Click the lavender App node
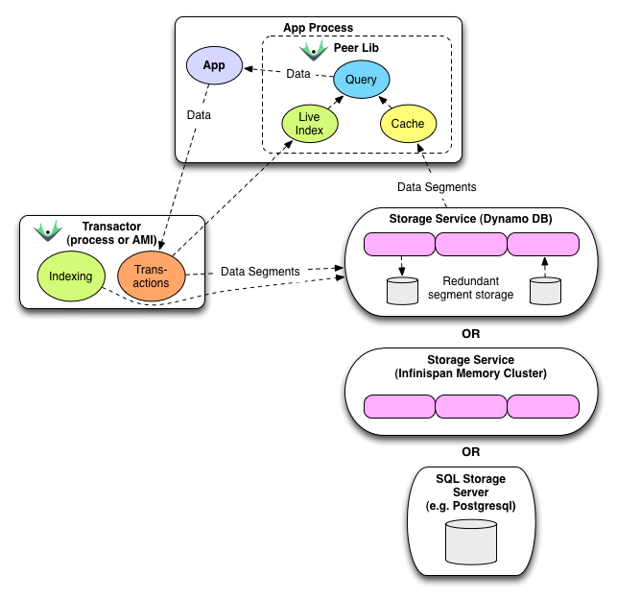[x=213, y=66]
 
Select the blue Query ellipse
[x=361, y=80]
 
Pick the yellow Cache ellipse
[x=408, y=125]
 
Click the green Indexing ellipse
[x=71, y=276]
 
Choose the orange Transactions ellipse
[x=151, y=276]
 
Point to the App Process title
[x=318, y=28]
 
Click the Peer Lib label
[x=354, y=48]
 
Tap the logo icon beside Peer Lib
[x=313, y=49]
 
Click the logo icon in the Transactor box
[x=47, y=231]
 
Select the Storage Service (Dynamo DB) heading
[x=470, y=218]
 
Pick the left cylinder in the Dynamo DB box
[x=403, y=291]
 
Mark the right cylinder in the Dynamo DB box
[x=544, y=291]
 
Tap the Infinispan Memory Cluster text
[x=470, y=373]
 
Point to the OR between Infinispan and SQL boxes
[x=470, y=451]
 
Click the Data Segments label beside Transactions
[x=260, y=272]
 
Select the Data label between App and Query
[x=298, y=74]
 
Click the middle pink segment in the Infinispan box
[x=470, y=406]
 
